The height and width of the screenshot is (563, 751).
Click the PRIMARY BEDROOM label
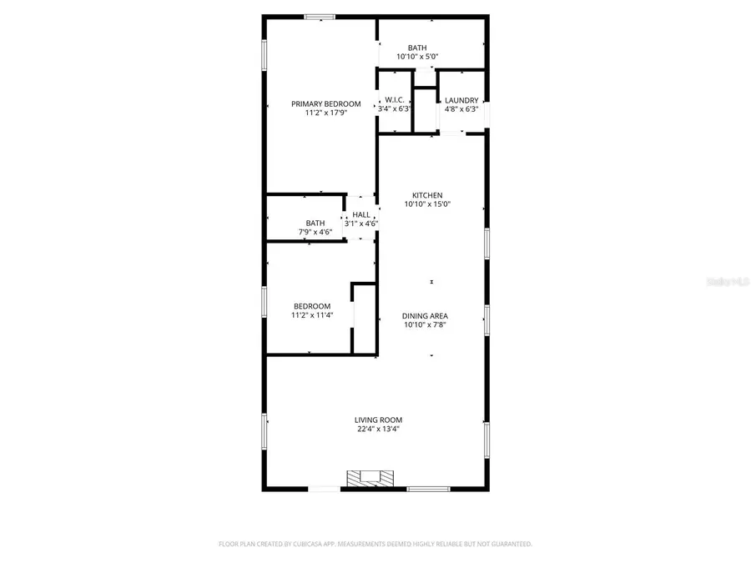[325, 104]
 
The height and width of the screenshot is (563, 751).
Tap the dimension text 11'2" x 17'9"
[325, 113]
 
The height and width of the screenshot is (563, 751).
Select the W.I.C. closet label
[395, 100]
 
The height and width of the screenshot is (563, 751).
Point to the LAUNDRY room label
[461, 100]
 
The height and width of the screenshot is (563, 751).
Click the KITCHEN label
[427, 195]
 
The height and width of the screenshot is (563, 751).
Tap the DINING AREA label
[426, 316]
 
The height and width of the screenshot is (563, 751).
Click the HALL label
[361, 215]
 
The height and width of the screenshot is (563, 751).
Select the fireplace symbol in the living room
[369, 478]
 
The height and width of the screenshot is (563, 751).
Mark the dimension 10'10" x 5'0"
[417, 57]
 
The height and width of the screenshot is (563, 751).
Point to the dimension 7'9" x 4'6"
[315, 232]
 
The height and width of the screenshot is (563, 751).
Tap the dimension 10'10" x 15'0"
[427, 204]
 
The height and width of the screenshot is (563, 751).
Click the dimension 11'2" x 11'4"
[311, 316]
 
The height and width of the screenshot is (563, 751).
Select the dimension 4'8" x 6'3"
[461, 109]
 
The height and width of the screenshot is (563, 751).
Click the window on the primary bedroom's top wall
[320, 16]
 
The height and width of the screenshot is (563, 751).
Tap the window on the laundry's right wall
[487, 113]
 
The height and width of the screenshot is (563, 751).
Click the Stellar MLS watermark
[728, 282]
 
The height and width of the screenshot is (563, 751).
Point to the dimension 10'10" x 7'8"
[426, 325]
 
